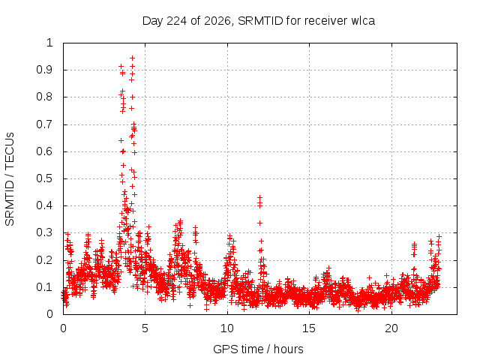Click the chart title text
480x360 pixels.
(259, 21)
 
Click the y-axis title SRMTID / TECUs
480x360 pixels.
(10, 179)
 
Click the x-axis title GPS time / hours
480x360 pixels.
(258, 349)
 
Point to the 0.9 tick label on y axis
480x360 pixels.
(44, 70)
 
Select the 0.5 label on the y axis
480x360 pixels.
(44, 178)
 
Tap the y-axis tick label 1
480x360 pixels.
(49, 43)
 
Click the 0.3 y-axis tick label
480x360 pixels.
(44, 232)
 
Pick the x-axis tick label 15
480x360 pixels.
(309, 328)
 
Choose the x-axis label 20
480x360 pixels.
(391, 328)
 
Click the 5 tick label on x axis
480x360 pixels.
(145, 328)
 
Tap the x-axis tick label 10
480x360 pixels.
(227, 328)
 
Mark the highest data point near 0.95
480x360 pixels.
(132, 58)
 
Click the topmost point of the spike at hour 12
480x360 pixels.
(260, 197)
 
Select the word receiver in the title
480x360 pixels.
(326, 21)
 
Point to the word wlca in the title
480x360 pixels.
(363, 21)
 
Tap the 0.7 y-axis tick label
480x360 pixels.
(44, 124)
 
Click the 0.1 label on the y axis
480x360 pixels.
(44, 287)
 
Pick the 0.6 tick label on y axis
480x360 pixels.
(44, 151)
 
